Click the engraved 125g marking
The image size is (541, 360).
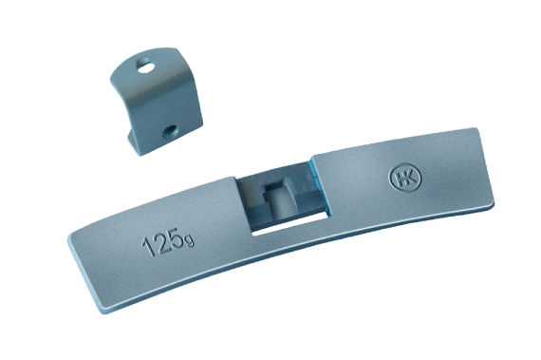pyautogui.click(x=168, y=241)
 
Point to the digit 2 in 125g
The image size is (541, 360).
pyautogui.click(x=160, y=242)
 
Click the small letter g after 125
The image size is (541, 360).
pyautogui.click(x=190, y=241)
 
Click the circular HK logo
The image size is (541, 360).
pyautogui.click(x=404, y=177)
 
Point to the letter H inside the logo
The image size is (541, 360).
pyautogui.click(x=400, y=178)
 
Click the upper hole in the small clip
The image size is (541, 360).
pyautogui.click(x=145, y=66)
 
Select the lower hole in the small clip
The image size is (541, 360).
pyautogui.click(x=170, y=131)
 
